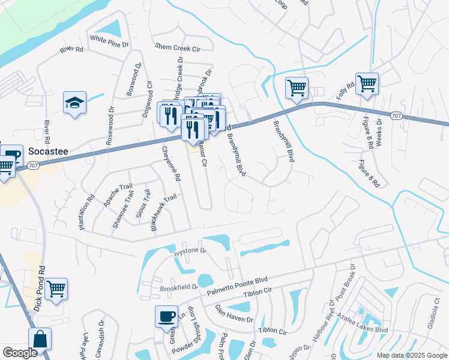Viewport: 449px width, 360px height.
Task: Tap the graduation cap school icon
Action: pyautogui.click(x=74, y=103)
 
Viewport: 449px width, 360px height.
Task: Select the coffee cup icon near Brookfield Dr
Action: pyautogui.click(x=166, y=316)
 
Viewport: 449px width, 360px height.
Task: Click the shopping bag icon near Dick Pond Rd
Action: pyautogui.click(x=40, y=338)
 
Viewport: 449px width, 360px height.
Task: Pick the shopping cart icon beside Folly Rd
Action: pyautogui.click(x=366, y=84)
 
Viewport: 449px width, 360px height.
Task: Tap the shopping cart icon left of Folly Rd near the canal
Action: pyautogui.click(x=297, y=88)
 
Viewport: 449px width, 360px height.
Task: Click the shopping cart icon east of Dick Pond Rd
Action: pyautogui.click(x=56, y=289)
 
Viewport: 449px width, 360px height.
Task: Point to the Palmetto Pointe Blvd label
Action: pyautogui.click(x=237, y=284)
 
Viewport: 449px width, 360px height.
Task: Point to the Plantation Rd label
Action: pyautogui.click(x=86, y=211)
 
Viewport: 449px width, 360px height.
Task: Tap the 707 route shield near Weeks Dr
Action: pyautogui.click(x=396, y=115)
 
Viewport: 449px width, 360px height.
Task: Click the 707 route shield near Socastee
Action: pyautogui.click(x=34, y=166)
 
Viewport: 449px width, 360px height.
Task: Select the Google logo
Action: pyautogui.click(x=20, y=353)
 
